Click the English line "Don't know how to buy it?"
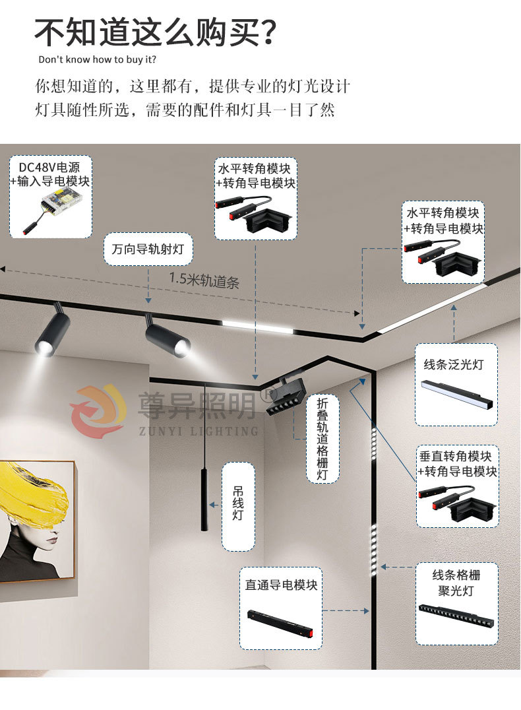97,59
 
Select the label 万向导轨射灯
148,249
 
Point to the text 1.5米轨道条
204,280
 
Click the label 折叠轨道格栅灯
322,438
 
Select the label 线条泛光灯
454,364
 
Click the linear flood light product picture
458,395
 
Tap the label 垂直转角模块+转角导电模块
456,463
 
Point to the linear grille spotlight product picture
455,616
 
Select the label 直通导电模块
281,585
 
